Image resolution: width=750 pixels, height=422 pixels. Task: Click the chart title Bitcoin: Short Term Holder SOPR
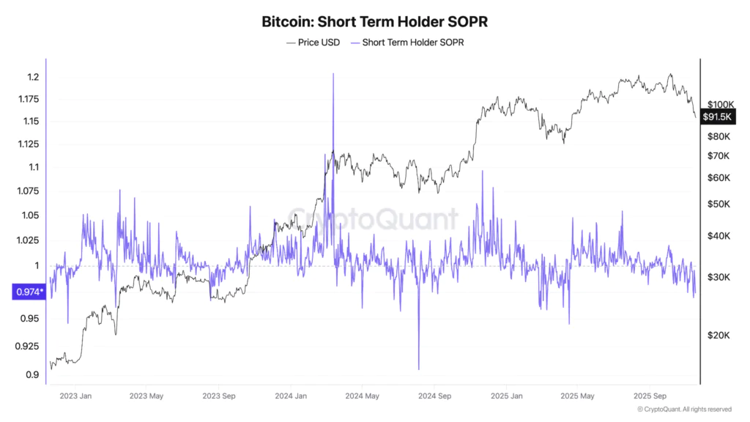(x=374, y=21)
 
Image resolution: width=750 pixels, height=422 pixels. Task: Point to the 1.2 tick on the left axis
(x=33, y=78)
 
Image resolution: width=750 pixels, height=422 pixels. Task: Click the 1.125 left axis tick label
(x=28, y=144)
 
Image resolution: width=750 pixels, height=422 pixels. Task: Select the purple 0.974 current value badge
(x=29, y=292)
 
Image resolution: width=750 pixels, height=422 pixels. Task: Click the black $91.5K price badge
(x=719, y=116)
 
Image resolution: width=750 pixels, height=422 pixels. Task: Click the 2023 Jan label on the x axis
(x=76, y=396)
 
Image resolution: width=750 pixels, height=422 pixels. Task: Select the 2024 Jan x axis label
(x=291, y=396)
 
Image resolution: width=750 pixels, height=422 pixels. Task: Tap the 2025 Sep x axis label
(x=650, y=396)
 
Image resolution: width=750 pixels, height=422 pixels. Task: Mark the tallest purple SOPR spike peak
(x=333, y=75)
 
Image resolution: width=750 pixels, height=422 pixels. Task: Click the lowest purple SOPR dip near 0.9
(x=419, y=369)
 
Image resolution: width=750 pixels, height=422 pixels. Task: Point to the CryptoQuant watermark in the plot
(x=374, y=218)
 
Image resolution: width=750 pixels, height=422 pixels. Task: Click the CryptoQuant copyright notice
(x=684, y=410)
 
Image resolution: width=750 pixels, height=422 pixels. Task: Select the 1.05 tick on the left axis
(x=30, y=215)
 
